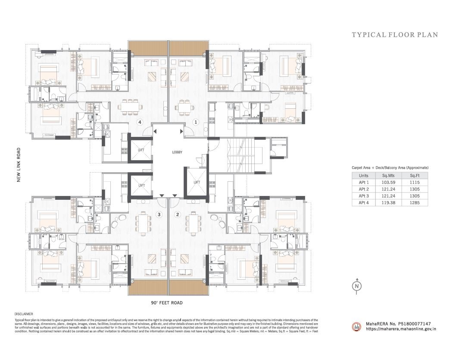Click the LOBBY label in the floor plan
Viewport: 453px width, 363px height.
point(177,152)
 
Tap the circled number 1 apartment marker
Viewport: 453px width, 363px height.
point(195,122)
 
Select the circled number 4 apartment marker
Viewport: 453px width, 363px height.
point(140,122)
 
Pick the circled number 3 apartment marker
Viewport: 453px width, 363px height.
point(159,214)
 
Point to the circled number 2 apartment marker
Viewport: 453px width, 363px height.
point(177,214)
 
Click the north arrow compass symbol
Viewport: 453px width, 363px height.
point(356,286)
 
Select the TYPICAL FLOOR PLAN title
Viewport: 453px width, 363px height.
point(394,35)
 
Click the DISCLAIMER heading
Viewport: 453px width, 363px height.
point(24,314)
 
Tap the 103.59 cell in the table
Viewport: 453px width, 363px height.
point(383,183)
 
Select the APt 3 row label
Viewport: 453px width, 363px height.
point(364,196)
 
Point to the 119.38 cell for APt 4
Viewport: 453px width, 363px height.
point(383,202)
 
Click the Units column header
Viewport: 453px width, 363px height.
point(364,176)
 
